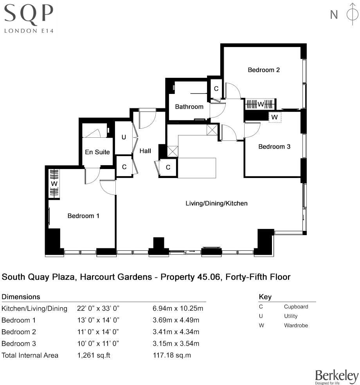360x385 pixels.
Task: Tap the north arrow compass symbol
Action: (351, 14)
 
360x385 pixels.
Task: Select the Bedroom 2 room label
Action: (264, 70)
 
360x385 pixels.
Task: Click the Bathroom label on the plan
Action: (189, 107)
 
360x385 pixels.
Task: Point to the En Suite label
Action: (97, 152)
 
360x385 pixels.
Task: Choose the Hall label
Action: (145, 151)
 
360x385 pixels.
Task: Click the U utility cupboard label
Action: (124, 137)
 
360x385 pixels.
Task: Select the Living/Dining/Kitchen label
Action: (216, 203)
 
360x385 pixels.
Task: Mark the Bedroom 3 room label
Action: (274, 147)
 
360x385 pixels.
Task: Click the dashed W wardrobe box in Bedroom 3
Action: (275, 117)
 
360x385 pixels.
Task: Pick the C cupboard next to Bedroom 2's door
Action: (216, 89)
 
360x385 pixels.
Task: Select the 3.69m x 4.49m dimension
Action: (176, 320)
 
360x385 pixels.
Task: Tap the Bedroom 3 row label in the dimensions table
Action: (18, 344)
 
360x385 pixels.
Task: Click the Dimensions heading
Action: (21, 297)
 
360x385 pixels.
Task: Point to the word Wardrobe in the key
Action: (296, 325)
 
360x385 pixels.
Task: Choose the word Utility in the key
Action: (291, 316)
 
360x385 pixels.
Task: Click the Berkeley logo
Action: (337, 376)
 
